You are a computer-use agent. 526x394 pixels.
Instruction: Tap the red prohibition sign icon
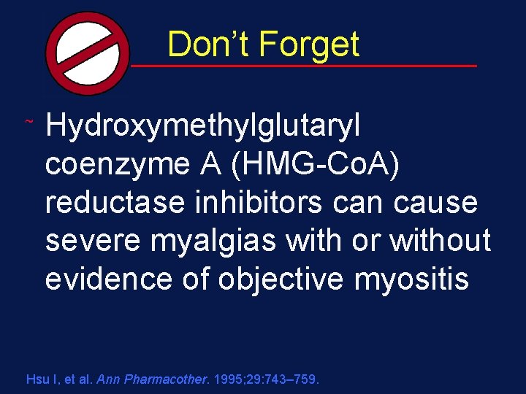[x=88, y=53]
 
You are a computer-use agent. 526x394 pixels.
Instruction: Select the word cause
[x=435, y=203]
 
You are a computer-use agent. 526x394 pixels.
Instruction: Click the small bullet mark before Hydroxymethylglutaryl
[x=28, y=119]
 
